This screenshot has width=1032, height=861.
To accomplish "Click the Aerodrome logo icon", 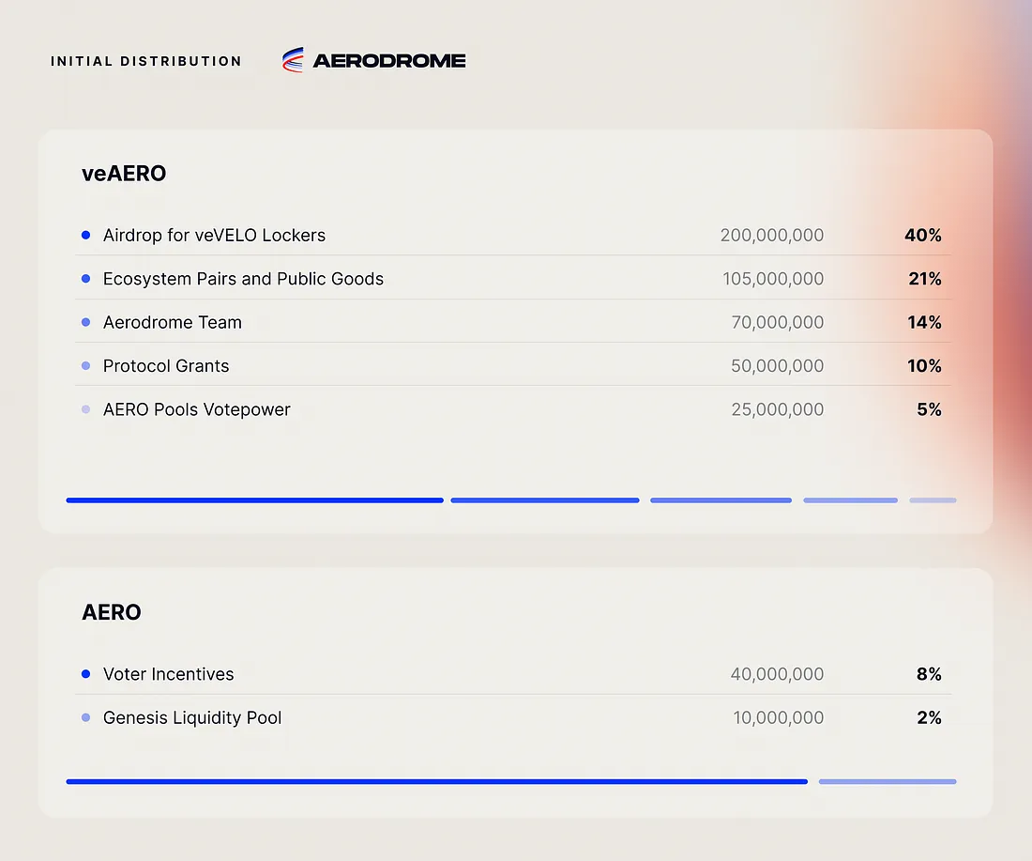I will coord(293,60).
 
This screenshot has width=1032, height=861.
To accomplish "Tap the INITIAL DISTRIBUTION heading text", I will coord(146,61).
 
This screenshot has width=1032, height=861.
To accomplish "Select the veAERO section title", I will coord(124,173).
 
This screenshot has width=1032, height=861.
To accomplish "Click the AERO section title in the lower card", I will coord(112,612).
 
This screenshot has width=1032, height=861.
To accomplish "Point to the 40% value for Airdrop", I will coord(923,235).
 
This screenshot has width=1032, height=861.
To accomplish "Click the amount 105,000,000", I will coord(773,279).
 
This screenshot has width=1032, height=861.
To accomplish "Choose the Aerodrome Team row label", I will coord(173,322).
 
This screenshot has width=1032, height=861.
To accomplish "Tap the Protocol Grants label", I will coord(166,366).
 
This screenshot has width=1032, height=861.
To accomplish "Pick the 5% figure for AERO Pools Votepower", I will coord(929,409).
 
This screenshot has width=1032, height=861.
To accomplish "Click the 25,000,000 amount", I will coord(778,409).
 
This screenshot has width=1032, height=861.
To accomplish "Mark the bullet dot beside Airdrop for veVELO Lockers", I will coord(86,235).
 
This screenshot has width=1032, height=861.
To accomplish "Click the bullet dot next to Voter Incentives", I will coord(86,674).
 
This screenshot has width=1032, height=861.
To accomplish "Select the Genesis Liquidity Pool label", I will coord(192,718).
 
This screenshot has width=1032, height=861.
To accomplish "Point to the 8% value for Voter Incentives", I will coord(929,674).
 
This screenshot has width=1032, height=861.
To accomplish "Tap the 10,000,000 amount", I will coord(779,718).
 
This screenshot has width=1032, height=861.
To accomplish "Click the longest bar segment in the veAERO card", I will coord(254,500).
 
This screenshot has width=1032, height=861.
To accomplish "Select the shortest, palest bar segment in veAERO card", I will coord(933,500).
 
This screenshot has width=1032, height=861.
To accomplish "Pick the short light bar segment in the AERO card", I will coord(888,781).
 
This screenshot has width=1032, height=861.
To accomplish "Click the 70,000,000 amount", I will coord(778,322).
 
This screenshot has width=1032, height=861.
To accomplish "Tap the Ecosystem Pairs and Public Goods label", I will coord(243,279).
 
